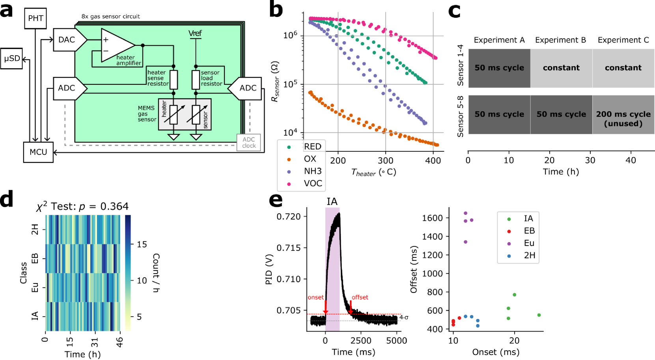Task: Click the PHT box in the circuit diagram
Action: point(35,18)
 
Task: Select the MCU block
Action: point(38,152)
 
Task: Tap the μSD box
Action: point(12,58)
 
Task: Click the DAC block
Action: point(67,39)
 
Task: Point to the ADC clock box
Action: point(248,142)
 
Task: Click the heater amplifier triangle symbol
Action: point(116,45)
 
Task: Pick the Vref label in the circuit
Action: point(195,34)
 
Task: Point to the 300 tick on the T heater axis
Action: point(385,160)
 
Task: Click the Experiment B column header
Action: point(560,40)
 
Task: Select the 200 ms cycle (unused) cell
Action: point(623,118)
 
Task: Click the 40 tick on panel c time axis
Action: point(631,160)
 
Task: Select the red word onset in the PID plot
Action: point(315,297)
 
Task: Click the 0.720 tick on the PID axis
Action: point(289,216)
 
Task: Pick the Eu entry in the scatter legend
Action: point(529,243)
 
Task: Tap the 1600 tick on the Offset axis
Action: point(433,218)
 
